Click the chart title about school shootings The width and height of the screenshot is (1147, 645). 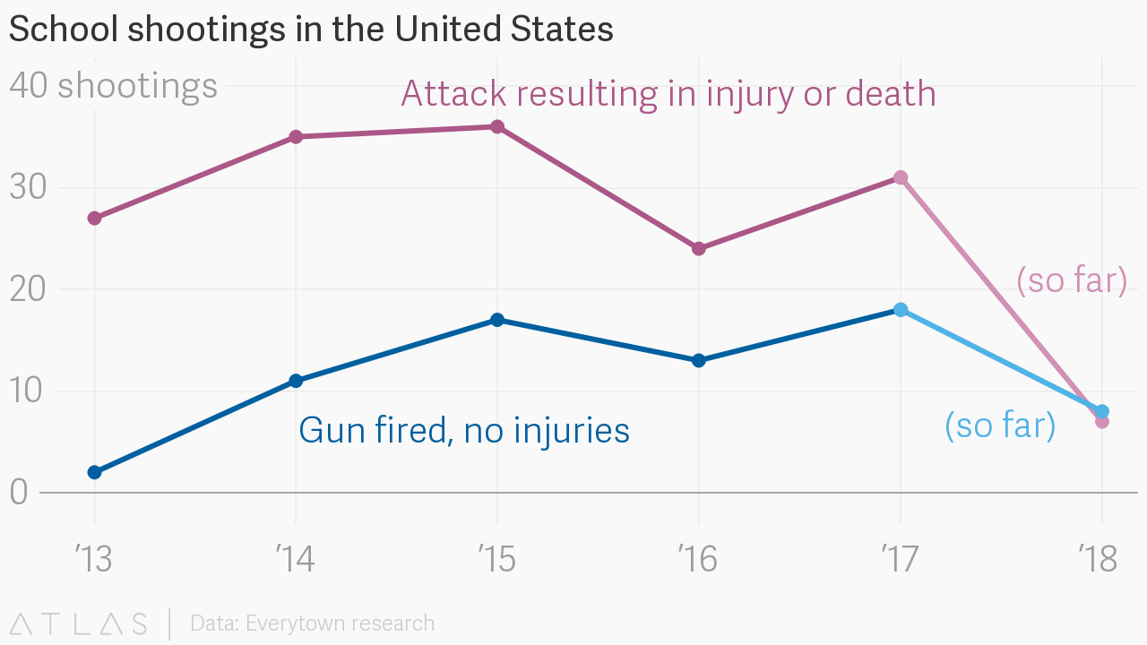point(311,30)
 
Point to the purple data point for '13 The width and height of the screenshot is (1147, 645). point(94,218)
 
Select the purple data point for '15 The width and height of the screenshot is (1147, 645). point(497,126)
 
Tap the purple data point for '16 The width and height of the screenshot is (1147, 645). point(699,248)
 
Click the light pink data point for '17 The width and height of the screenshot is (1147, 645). point(901,177)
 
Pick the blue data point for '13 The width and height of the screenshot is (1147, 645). point(94,472)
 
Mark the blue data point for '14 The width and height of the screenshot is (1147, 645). point(296,381)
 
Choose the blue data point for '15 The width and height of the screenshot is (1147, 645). point(497,320)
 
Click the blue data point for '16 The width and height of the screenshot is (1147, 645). point(699,360)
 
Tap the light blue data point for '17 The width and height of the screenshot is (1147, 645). point(901,309)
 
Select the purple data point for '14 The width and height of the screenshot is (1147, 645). point(296,136)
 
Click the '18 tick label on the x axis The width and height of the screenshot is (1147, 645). point(1099,559)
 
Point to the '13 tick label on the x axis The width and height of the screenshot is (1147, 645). point(94,559)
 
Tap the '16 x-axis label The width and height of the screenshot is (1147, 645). point(697,559)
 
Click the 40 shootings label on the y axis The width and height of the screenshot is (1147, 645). point(113,86)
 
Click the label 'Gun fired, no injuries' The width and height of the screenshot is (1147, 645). point(464,431)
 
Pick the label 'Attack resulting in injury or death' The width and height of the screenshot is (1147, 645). point(668,93)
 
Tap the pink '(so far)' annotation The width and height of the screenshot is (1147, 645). point(1072,280)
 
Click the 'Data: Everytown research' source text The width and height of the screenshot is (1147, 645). point(312,623)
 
